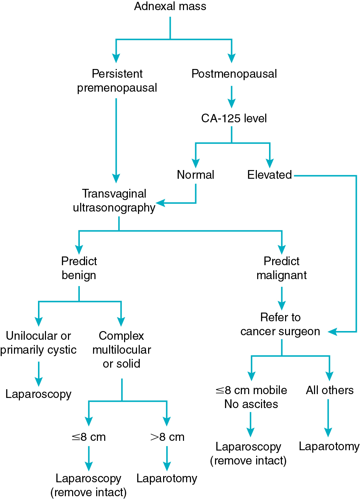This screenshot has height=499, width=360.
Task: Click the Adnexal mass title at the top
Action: [170, 6]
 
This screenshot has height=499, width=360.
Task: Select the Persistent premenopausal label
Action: [117, 81]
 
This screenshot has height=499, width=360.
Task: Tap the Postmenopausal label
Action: [234, 74]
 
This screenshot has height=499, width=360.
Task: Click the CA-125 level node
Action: [234, 118]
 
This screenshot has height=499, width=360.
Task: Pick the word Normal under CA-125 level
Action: [196, 175]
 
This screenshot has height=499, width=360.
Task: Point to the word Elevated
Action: [269, 175]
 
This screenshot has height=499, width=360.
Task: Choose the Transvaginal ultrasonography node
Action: [114, 200]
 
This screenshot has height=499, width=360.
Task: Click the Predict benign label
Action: [79, 268]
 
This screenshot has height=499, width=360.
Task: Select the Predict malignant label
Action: [282, 268]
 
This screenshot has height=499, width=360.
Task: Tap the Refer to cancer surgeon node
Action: [280, 324]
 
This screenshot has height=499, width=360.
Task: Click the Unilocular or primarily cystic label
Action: [38, 343]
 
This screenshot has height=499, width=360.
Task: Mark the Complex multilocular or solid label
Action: [122, 350]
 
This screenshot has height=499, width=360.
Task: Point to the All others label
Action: [330, 390]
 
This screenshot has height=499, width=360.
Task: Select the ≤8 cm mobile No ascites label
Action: [251, 397]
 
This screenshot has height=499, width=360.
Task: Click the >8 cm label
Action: [167, 437]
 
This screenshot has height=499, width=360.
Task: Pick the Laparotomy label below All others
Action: [329, 446]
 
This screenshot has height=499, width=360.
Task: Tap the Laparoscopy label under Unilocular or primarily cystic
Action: [38, 394]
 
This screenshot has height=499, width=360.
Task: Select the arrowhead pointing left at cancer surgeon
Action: [332, 332]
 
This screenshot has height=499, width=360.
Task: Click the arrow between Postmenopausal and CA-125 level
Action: [231, 98]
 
